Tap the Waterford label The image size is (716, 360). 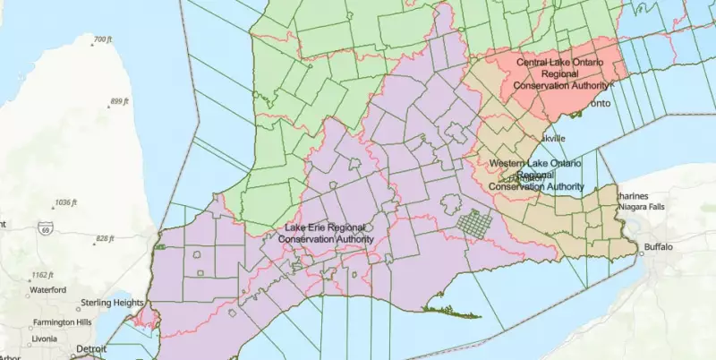[47, 290]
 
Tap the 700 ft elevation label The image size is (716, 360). [101, 39]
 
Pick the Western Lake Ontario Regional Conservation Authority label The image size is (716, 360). [535, 176]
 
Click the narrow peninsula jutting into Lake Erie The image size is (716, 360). [452, 312]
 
